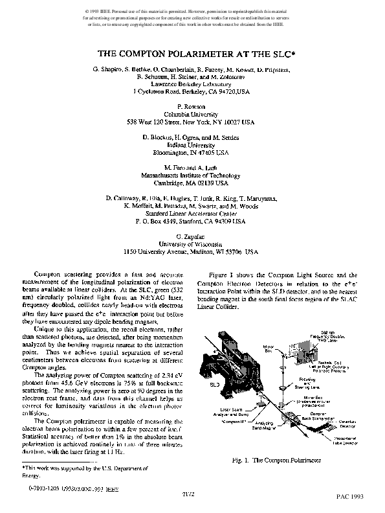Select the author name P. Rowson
(x=192, y=106)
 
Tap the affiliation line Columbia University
(x=192, y=113)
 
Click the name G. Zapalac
(x=192, y=237)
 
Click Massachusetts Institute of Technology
(x=192, y=176)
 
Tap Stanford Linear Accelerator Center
(x=192, y=212)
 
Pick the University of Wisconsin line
(x=192, y=244)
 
